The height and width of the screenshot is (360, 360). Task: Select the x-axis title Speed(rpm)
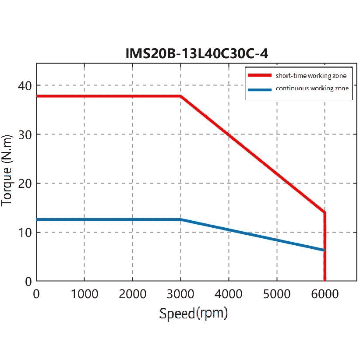(x=193, y=314)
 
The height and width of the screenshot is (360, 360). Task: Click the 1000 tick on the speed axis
(x=84, y=293)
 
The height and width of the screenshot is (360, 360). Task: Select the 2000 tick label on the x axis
(x=132, y=293)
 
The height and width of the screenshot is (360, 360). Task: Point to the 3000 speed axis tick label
(x=180, y=293)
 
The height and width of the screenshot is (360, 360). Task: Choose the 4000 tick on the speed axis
(x=229, y=293)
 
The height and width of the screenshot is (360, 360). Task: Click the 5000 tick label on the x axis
(x=277, y=293)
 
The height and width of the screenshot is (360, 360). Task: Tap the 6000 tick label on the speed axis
(x=325, y=293)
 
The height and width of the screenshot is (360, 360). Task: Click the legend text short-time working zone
(x=311, y=76)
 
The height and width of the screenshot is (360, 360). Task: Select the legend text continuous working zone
(x=312, y=88)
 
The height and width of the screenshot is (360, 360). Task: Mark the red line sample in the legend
(x=260, y=75)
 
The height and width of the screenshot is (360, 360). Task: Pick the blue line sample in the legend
(x=260, y=88)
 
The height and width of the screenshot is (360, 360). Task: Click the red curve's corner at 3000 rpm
(x=180, y=96)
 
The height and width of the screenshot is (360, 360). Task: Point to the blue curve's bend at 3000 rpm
(x=180, y=219)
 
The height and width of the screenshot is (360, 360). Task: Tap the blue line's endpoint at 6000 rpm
(x=324, y=250)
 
